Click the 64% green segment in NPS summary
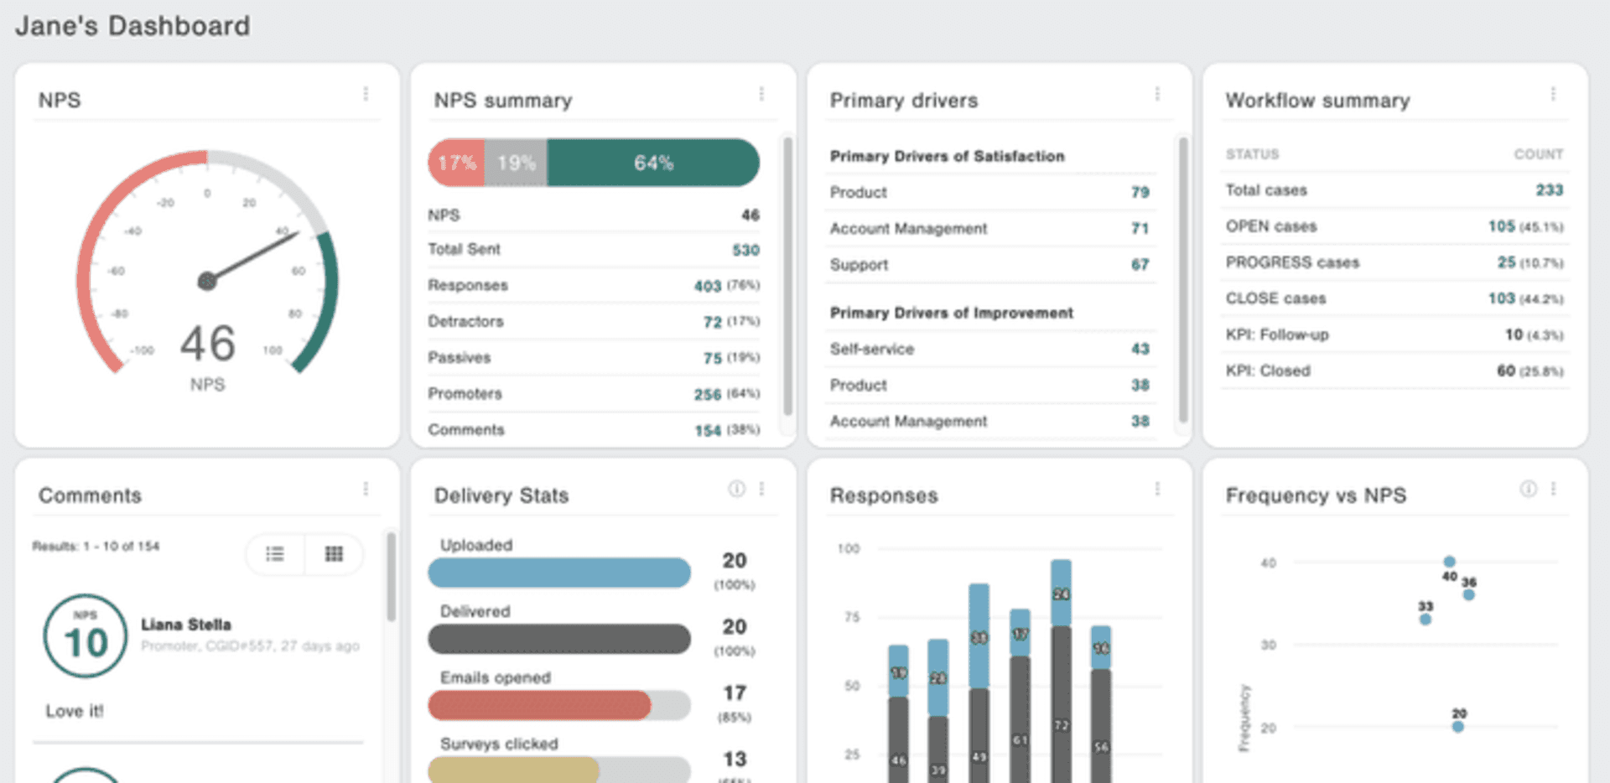pos(652,163)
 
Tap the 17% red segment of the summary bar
pos(456,163)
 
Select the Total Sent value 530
pos(745,250)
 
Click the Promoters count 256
pos(707,394)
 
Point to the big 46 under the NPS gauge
pos(207,344)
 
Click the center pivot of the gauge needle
pos(207,282)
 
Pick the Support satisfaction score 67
pos(1140,265)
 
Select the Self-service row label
pos(871,349)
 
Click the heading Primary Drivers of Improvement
pos(951,313)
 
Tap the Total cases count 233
pos(1549,190)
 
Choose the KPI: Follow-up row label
pos(1276,334)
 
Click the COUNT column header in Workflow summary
pos(1538,154)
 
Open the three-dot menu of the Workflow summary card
pos(1553,94)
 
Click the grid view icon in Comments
pos(334,553)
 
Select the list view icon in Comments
pos(275,553)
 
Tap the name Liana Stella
pos(185,625)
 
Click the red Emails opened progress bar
pos(539,705)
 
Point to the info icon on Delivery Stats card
pos(736,489)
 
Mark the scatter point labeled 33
pos(1426,620)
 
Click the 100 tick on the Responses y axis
pos(849,548)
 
